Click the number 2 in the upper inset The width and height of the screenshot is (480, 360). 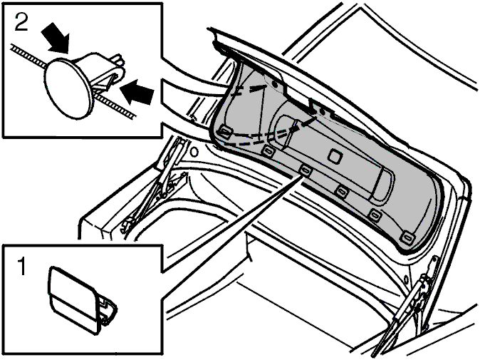click(x=21, y=21)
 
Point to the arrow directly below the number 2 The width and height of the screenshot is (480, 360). click(x=56, y=38)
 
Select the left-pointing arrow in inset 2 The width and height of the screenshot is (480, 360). click(x=137, y=91)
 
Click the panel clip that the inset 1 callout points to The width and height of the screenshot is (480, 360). click(x=306, y=170)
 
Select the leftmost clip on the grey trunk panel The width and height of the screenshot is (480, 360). click(x=224, y=132)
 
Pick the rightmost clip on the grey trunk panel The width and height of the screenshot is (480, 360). click(x=408, y=237)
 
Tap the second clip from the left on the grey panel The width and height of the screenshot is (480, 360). click(x=268, y=150)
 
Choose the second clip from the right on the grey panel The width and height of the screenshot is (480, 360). click(x=374, y=214)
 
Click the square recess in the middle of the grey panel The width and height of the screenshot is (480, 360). click(x=335, y=155)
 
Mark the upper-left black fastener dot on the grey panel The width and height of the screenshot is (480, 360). click(x=275, y=83)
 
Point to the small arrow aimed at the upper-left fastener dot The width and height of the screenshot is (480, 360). click(x=259, y=88)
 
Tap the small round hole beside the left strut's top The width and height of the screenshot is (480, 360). click(x=194, y=151)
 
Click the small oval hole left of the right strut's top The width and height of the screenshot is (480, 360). click(x=406, y=279)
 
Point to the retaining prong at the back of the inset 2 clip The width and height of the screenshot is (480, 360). click(x=120, y=61)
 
